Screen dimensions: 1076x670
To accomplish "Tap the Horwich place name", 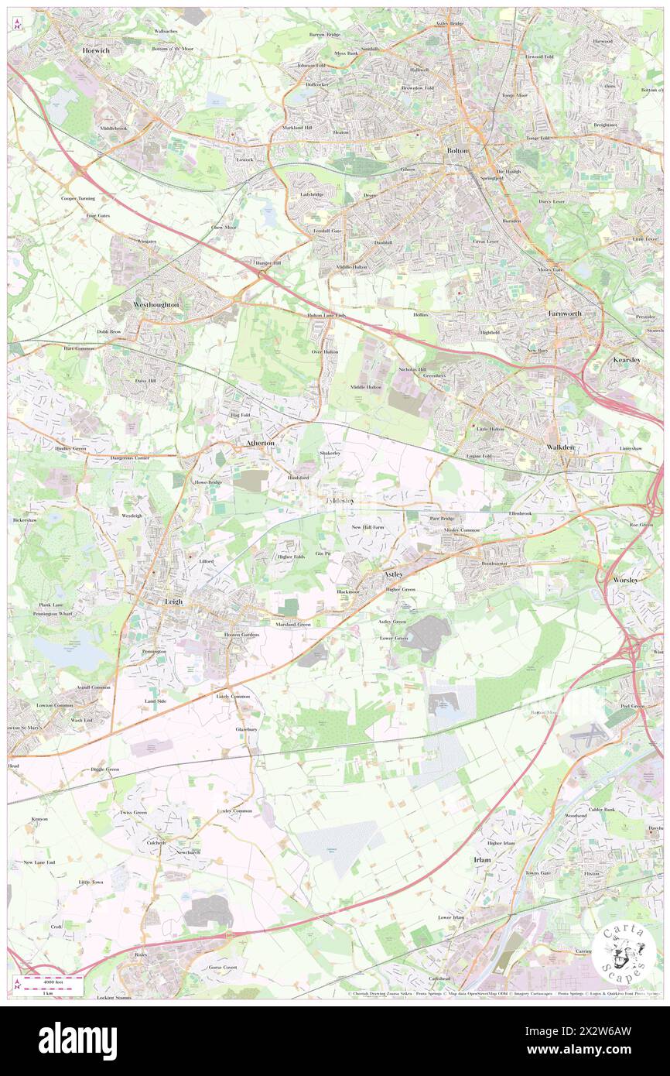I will coord(96,50).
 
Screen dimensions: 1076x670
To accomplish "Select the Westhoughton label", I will coord(156,305).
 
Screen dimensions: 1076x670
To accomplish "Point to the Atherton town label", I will coord(260,443).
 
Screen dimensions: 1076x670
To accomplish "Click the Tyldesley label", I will coord(339,502).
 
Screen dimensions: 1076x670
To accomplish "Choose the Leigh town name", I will coord(172,601).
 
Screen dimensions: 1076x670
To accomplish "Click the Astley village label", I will coord(394,574).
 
